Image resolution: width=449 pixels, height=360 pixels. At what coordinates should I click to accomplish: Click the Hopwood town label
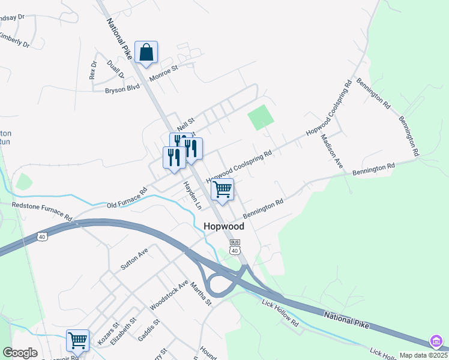coord(224,227)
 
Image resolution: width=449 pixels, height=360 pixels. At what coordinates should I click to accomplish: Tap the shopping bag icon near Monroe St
coord(146,52)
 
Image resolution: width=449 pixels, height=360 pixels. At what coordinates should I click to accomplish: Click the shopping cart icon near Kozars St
coord(78,340)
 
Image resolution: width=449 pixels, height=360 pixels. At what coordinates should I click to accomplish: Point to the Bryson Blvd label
coord(122,89)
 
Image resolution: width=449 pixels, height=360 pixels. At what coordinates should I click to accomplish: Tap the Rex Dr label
coord(93,70)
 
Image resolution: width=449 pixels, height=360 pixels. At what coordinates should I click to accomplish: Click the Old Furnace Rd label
coord(127,199)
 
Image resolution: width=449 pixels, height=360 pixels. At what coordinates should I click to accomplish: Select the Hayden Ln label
coord(192,194)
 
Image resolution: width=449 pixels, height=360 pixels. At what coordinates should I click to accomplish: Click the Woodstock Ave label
coord(169,295)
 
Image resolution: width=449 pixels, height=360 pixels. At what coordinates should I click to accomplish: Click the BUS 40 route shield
coord(235,246)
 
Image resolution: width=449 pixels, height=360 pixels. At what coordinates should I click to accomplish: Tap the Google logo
coord(20,353)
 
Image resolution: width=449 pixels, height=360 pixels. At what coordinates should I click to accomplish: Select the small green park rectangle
coord(261,117)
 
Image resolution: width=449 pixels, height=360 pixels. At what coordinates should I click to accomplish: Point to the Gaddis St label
coord(149,328)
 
